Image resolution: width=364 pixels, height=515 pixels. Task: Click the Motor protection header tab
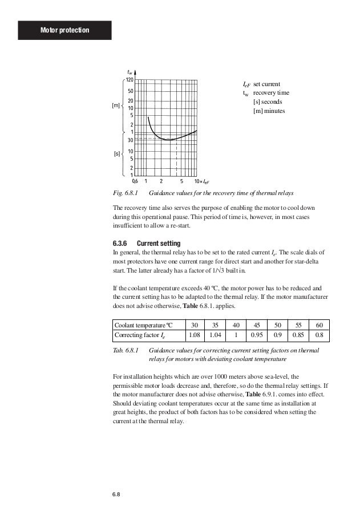point(64,29)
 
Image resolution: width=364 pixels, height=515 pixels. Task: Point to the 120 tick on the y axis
point(130,80)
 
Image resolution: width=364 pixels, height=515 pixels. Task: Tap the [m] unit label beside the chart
point(116,105)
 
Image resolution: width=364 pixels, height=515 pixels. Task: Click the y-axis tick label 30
point(131,140)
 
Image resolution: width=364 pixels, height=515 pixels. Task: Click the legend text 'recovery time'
point(271,92)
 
